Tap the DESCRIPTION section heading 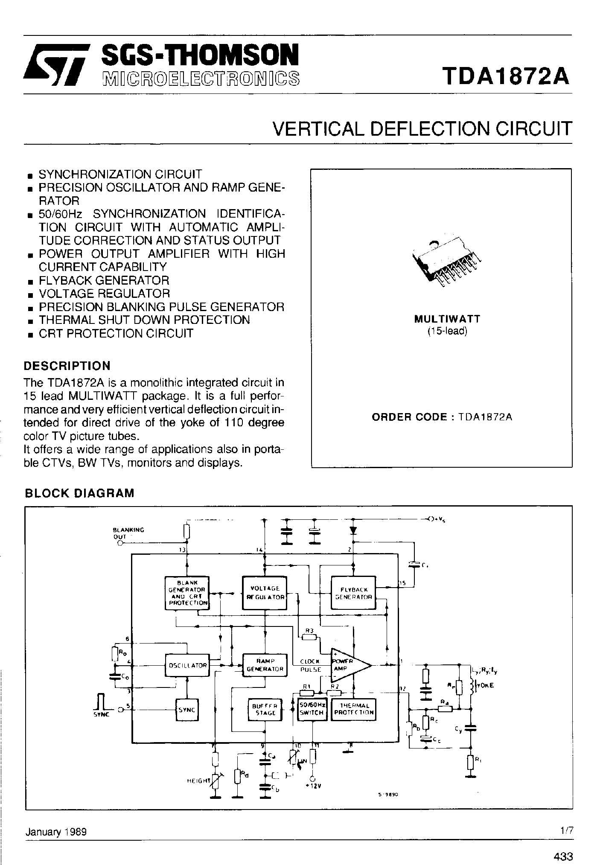pos(67,366)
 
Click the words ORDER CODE pos(409,417)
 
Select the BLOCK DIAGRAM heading pos(79,493)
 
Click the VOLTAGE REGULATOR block pos(265,593)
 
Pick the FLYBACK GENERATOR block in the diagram pos(354,593)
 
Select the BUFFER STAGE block pos(265,710)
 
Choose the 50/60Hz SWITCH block pos(312,710)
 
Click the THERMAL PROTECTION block pos(354,710)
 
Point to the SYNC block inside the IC pos(186,710)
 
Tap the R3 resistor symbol pos(309,637)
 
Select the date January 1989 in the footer pos(56,832)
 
